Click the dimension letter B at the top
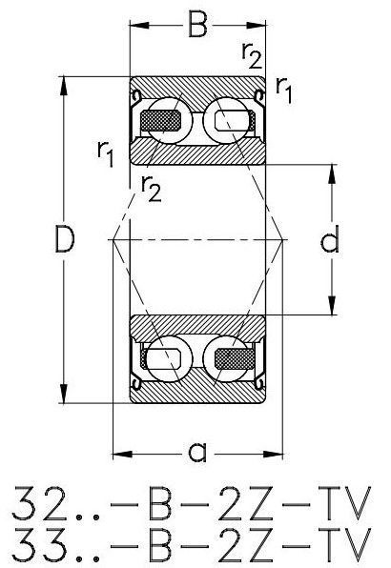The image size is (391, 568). click(x=197, y=25)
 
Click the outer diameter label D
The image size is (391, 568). click(x=65, y=239)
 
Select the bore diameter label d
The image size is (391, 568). click(x=330, y=238)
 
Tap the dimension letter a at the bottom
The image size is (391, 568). click(x=197, y=452)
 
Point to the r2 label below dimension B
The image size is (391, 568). click(x=252, y=55)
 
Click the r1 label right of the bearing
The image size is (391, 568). click(x=284, y=91)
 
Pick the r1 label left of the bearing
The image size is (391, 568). click(x=106, y=153)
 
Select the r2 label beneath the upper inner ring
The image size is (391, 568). click(x=152, y=188)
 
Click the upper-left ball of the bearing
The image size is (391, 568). click(x=170, y=120)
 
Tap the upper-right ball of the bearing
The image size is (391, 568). click(x=226, y=120)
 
